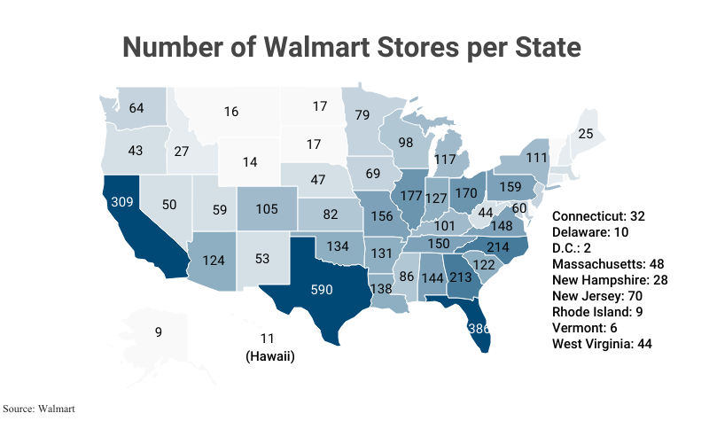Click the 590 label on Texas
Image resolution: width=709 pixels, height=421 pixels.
tap(323, 289)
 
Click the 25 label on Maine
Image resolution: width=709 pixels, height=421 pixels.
tap(585, 134)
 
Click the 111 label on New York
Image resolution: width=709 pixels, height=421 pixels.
tap(534, 156)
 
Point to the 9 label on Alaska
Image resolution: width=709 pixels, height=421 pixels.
tap(159, 332)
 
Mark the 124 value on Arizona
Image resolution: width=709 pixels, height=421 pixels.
tap(213, 262)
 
